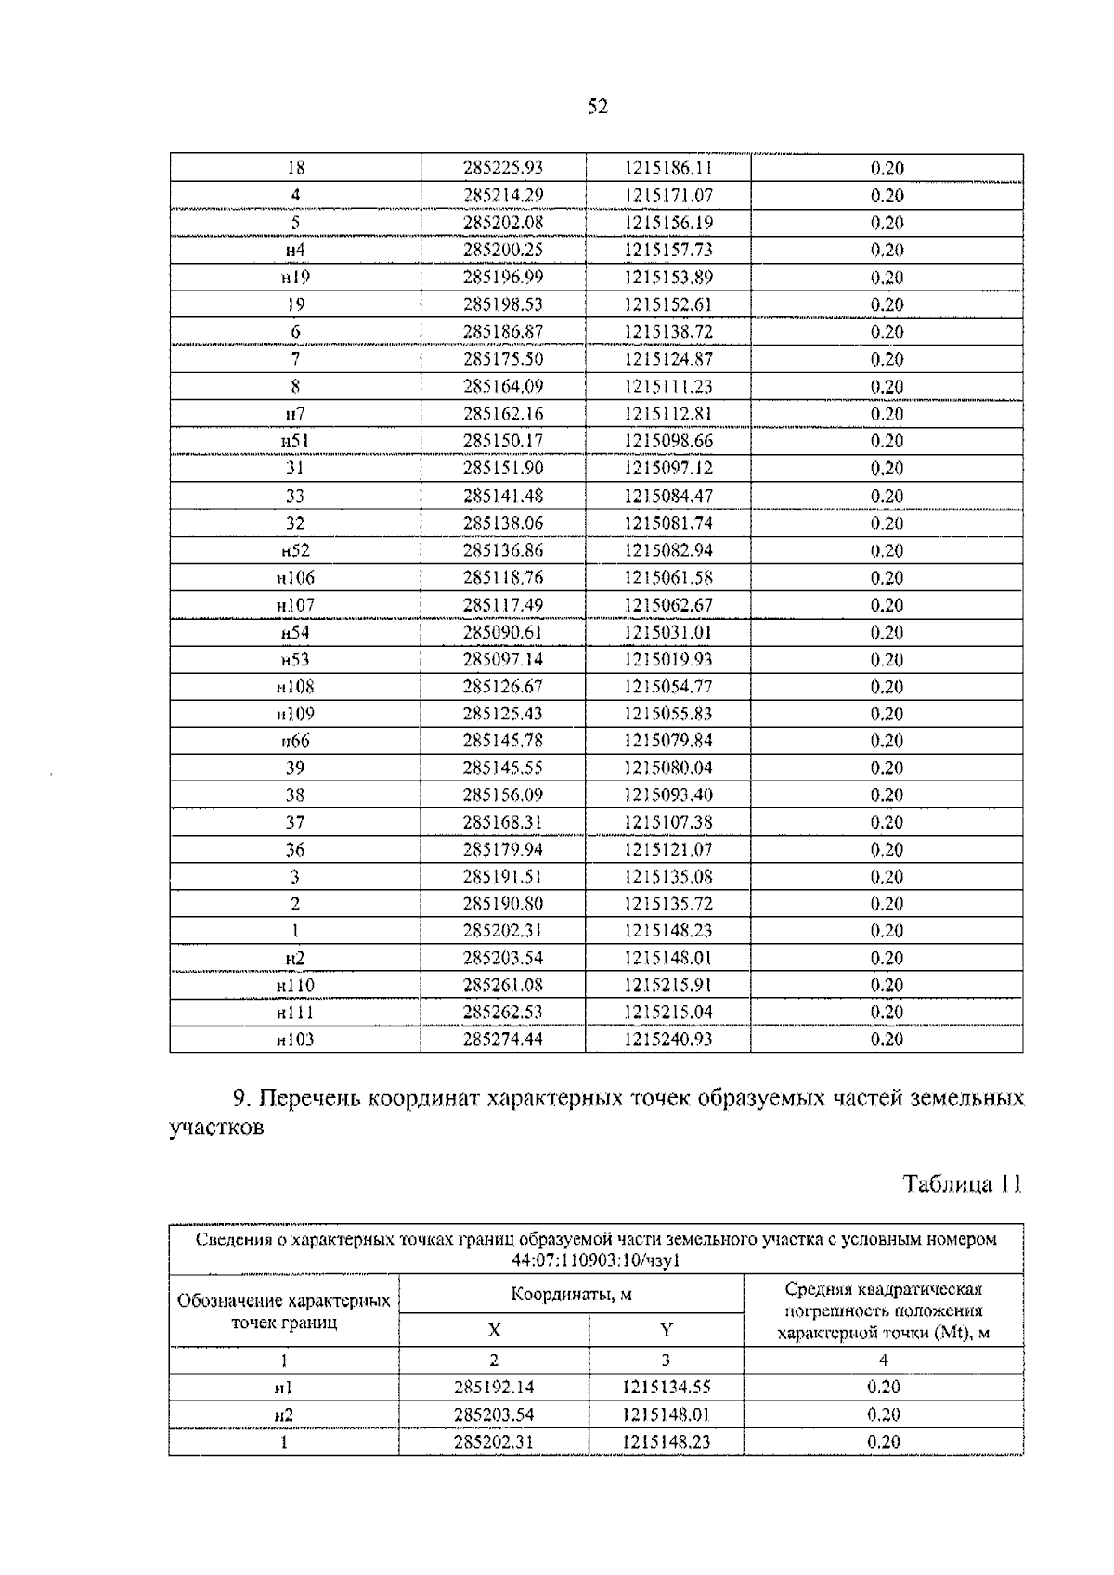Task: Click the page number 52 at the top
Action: click(x=598, y=108)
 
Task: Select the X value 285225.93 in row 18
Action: click(x=502, y=168)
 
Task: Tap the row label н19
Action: click(x=295, y=278)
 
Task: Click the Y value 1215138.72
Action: click(x=667, y=331)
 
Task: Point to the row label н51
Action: click(x=295, y=441)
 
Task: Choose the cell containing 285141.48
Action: click(x=502, y=496)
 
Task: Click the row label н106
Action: click(x=295, y=577)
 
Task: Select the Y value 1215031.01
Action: click(x=667, y=632)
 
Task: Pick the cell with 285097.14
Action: click(x=502, y=659)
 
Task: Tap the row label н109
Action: click(x=295, y=714)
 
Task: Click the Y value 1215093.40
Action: click(x=667, y=794)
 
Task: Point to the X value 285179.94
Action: click(x=502, y=849)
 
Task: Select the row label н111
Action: click(x=295, y=1013)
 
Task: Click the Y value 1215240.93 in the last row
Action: click(x=667, y=1039)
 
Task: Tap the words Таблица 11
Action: click(x=963, y=1184)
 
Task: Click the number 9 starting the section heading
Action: click(x=240, y=1099)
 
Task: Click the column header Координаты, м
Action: click(x=571, y=1294)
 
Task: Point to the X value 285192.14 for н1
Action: click(x=494, y=1388)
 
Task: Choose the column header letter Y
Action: click(x=666, y=1330)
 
